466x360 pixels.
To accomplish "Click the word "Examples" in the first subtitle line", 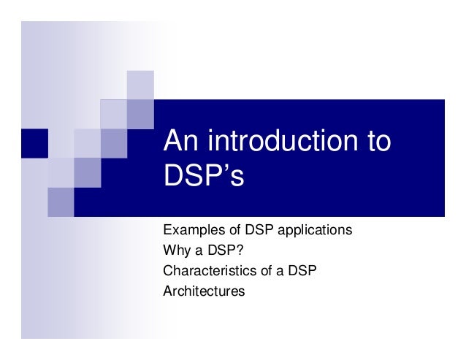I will [x=189, y=231].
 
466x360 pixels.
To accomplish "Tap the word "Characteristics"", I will [x=207, y=271].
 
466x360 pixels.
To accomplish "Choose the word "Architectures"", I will [x=204, y=291].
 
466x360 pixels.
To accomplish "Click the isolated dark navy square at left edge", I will [x=34, y=143].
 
